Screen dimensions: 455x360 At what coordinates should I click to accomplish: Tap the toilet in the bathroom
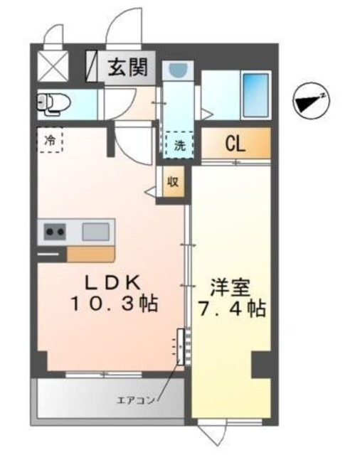pos(51,103)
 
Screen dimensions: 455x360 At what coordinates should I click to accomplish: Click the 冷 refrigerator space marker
pos(50,140)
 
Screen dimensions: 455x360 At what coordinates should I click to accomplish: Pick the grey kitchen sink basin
pos(95,231)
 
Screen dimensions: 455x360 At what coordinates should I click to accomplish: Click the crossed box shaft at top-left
pos(52,65)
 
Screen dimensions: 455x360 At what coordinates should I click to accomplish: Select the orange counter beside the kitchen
pos(90,255)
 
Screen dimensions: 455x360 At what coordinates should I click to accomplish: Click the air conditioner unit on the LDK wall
pos(181,348)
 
